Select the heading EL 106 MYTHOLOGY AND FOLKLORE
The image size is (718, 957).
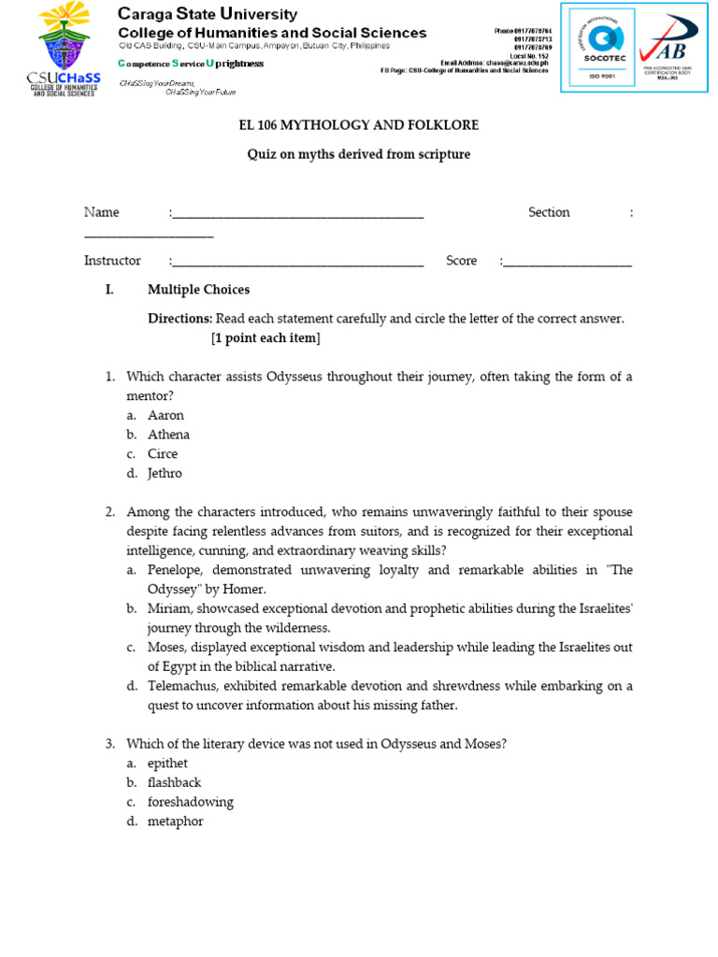358,125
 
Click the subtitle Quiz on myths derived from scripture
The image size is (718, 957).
358,154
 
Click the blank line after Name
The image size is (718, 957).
297,214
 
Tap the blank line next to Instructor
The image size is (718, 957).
297,263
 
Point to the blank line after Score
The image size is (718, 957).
567,263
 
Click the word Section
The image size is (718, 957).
549,212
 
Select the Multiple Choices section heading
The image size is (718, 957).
198,290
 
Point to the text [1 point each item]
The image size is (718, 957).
266,338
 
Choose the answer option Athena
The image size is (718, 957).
168,435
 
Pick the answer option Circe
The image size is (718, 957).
163,454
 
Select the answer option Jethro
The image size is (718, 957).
165,474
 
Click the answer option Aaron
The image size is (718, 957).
165,415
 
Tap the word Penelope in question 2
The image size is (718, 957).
177,570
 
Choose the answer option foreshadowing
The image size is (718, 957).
191,803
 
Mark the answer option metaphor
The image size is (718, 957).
175,822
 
